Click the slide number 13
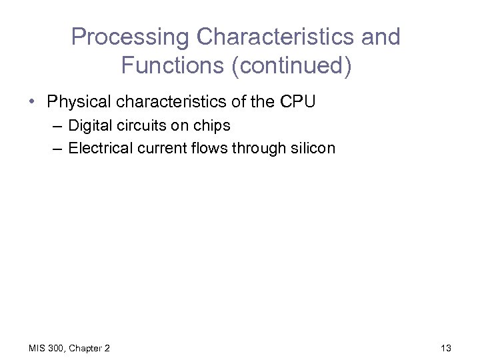coord(446,348)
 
